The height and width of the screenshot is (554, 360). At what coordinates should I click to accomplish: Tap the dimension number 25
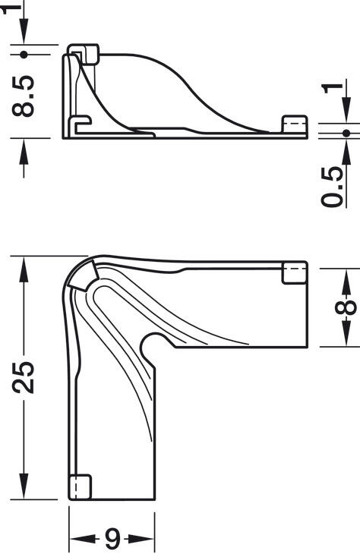(x=25, y=375)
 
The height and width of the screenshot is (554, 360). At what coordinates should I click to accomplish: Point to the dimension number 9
(x=112, y=540)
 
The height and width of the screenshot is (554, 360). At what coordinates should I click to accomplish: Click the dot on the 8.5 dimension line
(x=25, y=54)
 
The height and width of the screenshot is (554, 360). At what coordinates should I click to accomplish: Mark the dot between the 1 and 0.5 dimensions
(x=346, y=133)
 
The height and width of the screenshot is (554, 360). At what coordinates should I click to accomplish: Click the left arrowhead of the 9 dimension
(x=78, y=540)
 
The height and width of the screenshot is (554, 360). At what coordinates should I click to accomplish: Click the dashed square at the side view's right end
(x=293, y=125)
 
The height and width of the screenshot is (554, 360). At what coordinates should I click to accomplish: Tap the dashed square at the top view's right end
(x=295, y=273)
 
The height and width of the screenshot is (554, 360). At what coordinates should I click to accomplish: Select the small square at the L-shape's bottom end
(x=80, y=486)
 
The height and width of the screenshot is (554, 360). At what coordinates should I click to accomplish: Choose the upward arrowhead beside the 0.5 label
(x=346, y=150)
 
